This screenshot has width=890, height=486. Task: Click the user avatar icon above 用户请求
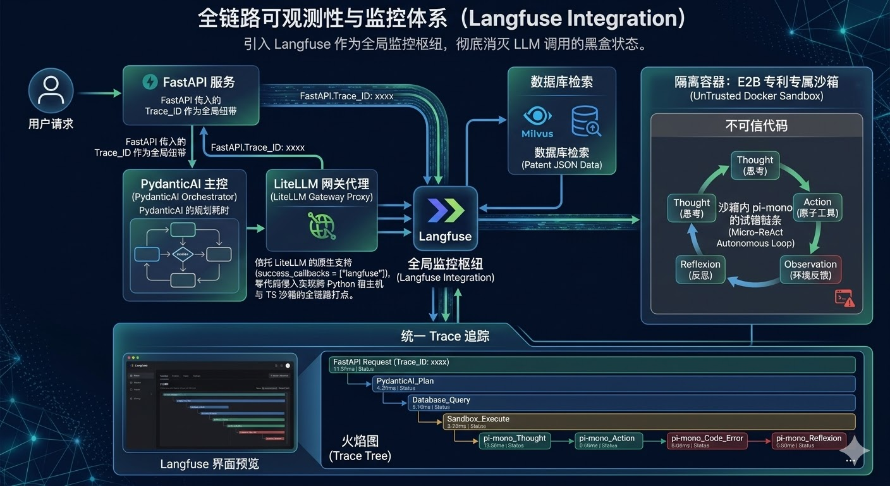[x=51, y=92]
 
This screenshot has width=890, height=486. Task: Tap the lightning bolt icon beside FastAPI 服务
[x=150, y=82]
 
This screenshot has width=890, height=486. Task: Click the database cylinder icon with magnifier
[x=585, y=121]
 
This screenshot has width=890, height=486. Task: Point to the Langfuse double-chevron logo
[x=446, y=210]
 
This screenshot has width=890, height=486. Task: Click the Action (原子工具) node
[x=817, y=208]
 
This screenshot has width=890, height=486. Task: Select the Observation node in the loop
[x=810, y=270]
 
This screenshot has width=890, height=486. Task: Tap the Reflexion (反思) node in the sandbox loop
[x=700, y=270]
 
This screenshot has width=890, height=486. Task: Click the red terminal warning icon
[x=844, y=297]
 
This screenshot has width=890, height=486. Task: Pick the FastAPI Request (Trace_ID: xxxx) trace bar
[x=592, y=364]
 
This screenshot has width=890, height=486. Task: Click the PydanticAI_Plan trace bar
[x=613, y=383]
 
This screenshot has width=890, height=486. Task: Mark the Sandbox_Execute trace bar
[x=648, y=421]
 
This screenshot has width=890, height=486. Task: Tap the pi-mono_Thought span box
[x=515, y=440]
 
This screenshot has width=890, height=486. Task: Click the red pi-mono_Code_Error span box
[x=707, y=440]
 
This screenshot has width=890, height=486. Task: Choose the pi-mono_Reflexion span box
[x=808, y=440]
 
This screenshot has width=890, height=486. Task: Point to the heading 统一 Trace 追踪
[x=445, y=336]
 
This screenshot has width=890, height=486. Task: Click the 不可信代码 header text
[x=756, y=125]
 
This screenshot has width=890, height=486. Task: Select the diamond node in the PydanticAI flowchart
[x=182, y=254]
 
